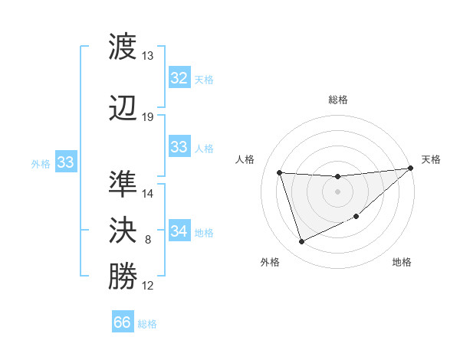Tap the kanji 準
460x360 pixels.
click(x=123, y=184)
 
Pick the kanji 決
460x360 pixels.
click(x=123, y=230)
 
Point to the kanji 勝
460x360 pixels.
click(x=123, y=277)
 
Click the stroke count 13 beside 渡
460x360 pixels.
click(x=148, y=56)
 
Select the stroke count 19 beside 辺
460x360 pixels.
click(x=148, y=117)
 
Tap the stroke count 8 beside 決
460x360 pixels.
click(x=148, y=241)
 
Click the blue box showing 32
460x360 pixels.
click(x=179, y=78)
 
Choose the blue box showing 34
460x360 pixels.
click(x=179, y=231)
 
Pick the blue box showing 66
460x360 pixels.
click(x=122, y=322)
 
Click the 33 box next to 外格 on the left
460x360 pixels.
click(x=65, y=162)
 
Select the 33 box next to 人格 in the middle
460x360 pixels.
click(x=179, y=147)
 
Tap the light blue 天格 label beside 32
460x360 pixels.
click(x=204, y=80)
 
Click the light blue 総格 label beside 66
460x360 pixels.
click(x=147, y=324)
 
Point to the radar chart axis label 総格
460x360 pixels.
click(x=338, y=100)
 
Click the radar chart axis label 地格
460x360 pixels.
click(x=402, y=263)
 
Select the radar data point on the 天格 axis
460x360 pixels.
click(x=412, y=169)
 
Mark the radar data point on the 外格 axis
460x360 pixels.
click(x=301, y=242)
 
